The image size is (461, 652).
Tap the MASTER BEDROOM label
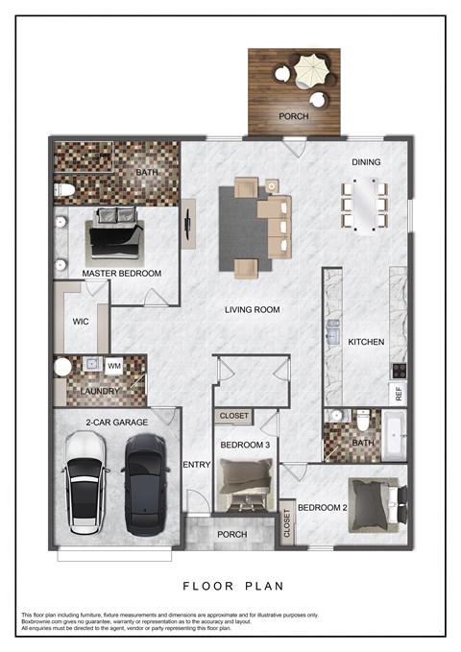click(x=121, y=274)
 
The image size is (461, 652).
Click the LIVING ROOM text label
click(x=252, y=309)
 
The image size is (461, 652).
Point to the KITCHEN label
click(x=366, y=342)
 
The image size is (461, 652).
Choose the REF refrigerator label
click(x=397, y=392)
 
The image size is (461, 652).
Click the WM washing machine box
click(x=113, y=366)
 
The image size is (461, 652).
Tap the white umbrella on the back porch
click(x=310, y=71)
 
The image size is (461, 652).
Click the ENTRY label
click(x=196, y=465)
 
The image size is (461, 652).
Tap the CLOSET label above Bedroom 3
click(x=234, y=417)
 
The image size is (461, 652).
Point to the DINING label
click(x=367, y=162)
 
